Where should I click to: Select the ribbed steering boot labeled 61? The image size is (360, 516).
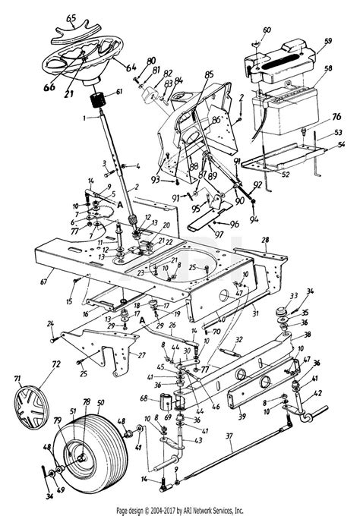[98, 99]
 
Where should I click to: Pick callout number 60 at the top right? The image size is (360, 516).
[267, 30]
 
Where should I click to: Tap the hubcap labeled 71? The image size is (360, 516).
[34, 402]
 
